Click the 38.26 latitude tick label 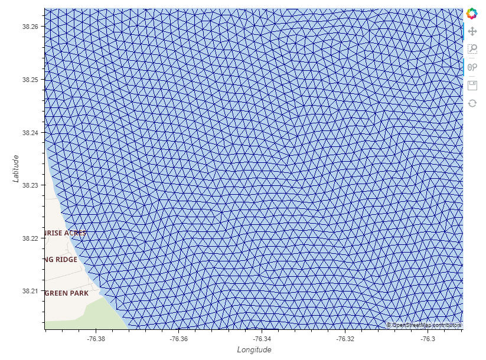(30, 27)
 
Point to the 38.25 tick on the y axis (30, 80)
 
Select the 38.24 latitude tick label (30, 133)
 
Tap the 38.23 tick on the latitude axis (30, 185)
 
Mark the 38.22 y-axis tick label (30, 238)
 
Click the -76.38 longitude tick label (96, 339)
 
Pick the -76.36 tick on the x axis (179, 339)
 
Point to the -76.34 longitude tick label (262, 339)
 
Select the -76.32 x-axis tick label (345, 339)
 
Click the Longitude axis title (254, 350)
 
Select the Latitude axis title (17, 169)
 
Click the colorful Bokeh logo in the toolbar (472, 13)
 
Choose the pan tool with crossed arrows (472, 31)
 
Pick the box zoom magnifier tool (472, 49)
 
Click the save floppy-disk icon (472, 85)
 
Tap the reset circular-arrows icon (472, 103)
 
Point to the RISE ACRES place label (65, 233)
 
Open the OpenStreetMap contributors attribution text (423, 325)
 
